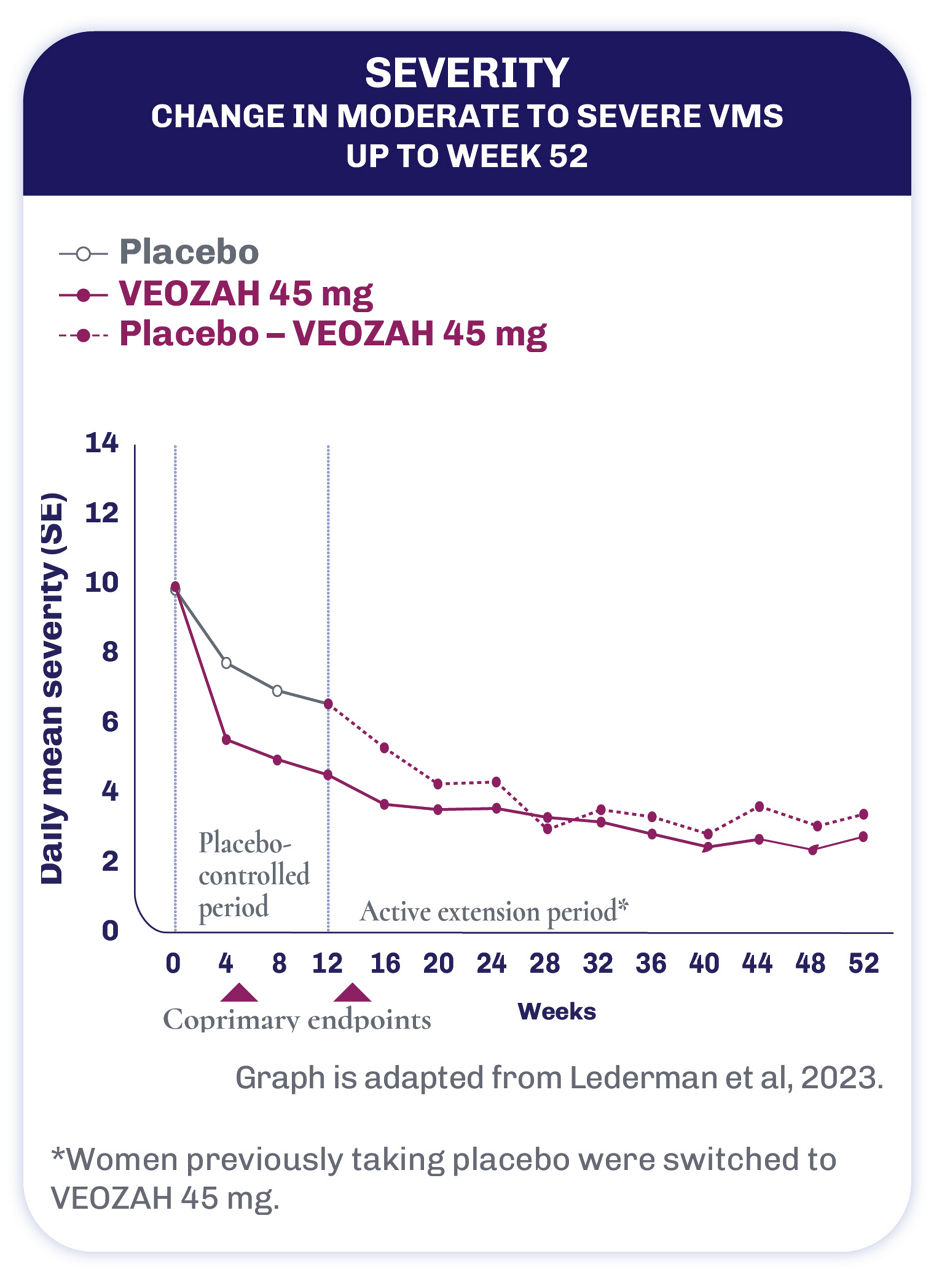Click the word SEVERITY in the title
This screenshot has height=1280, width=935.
pos(467,74)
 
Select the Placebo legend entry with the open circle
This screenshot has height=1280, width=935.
pos(188,251)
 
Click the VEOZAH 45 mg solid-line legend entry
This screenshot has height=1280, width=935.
pos(246,293)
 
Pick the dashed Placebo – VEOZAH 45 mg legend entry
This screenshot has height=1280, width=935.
pos(333,333)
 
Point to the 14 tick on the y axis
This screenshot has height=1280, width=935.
pos(104,443)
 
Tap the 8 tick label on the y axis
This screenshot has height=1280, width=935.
pos(110,652)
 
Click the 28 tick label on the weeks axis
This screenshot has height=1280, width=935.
pos(545,964)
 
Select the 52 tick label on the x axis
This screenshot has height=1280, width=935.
pos(863,964)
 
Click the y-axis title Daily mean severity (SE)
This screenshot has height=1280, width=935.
pos(52,690)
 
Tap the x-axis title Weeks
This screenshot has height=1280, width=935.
pos(556,1012)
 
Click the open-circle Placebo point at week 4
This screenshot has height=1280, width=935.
pos(227,663)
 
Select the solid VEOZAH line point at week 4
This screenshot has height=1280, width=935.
pos(227,740)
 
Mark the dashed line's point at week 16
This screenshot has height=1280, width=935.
pos(385,748)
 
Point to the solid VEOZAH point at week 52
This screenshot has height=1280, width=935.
pos(863,836)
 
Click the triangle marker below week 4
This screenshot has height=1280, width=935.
pos(238,993)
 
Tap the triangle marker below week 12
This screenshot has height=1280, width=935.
pos(351,993)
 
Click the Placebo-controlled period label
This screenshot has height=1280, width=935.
pos(254,874)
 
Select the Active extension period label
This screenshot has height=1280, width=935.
pos(494,911)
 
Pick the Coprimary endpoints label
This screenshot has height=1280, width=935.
pos(297,1020)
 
